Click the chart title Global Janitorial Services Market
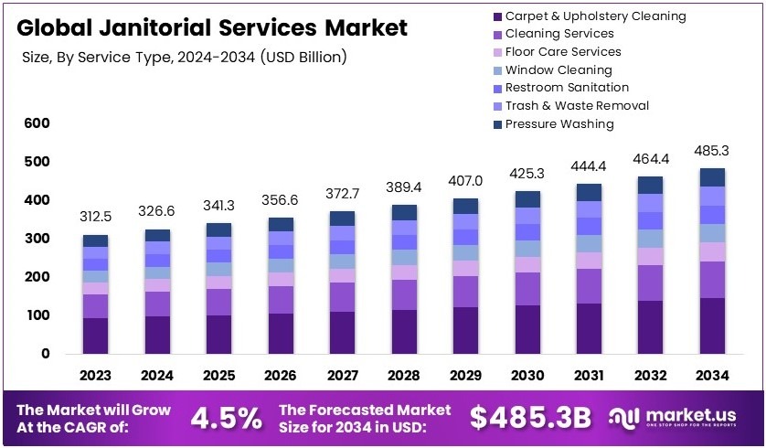click(212, 27)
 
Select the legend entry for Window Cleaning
click(559, 69)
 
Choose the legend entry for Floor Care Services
click(563, 52)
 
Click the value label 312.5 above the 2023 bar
click(95, 217)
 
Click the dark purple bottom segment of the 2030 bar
click(528, 329)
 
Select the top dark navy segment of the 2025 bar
click(218, 229)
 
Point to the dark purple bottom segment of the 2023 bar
click(95, 336)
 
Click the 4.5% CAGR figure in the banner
click(225, 418)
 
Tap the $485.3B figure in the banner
click(530, 418)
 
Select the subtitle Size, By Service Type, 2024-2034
click(183, 58)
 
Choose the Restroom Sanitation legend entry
click(567, 88)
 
